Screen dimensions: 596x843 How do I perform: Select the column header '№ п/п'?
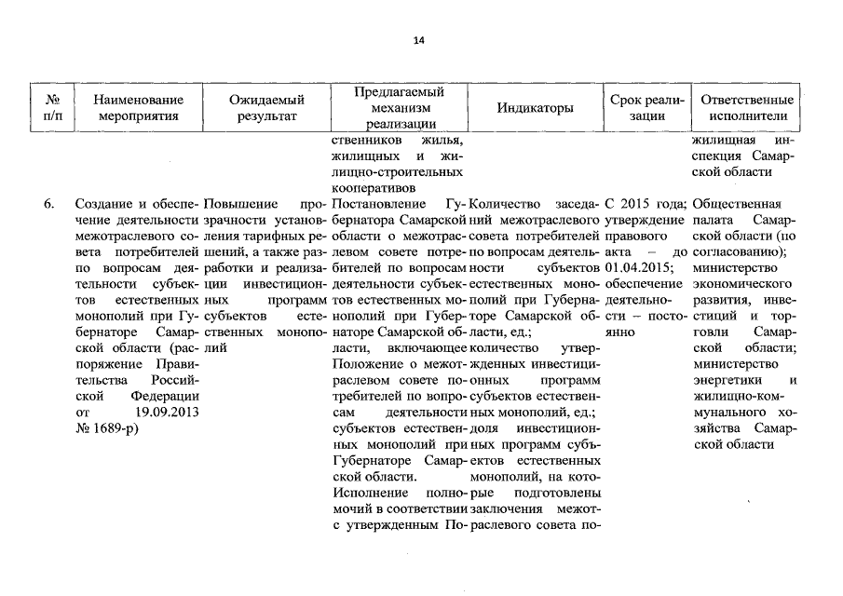[47, 108]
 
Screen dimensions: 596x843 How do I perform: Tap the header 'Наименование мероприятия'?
[137, 108]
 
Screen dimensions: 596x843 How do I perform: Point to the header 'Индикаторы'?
[536, 108]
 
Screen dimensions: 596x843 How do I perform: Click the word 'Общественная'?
[740, 204]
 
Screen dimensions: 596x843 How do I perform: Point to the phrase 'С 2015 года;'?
[646, 204]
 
